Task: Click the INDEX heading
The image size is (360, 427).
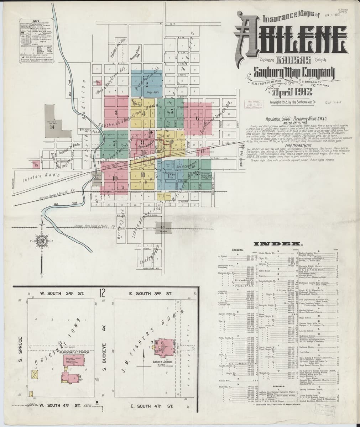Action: coord(278,244)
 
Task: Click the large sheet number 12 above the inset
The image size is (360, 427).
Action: coord(103,294)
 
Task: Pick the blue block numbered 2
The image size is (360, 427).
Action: coord(147,84)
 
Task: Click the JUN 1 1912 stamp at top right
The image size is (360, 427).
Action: coord(333,15)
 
